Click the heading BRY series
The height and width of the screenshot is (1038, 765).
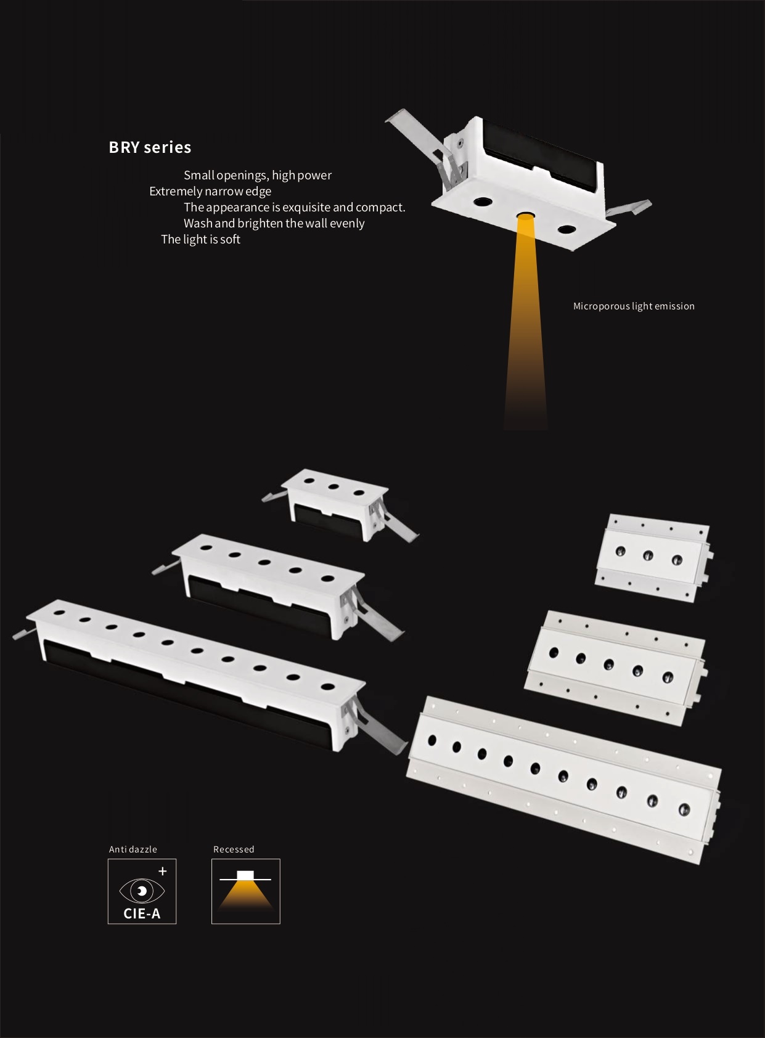point(150,147)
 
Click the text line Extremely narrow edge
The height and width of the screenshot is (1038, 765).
point(210,191)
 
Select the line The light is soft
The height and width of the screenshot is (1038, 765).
point(200,239)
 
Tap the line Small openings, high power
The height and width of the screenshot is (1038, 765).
point(258,175)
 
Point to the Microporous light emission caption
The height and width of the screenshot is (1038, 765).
point(634,306)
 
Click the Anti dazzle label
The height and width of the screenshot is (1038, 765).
point(133,849)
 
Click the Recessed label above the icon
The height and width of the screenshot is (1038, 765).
point(234,849)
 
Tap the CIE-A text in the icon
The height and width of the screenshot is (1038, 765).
point(142,913)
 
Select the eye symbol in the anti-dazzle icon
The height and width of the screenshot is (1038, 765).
point(142,891)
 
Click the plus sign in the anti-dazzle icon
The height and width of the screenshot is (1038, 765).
point(163,871)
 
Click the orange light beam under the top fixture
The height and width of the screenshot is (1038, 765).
point(526,324)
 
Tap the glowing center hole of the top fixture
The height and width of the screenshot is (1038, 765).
point(525,216)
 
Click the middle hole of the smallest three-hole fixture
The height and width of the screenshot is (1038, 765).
point(333,486)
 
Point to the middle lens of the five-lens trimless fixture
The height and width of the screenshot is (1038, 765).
point(609,664)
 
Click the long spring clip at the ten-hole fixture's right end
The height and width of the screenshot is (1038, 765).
point(375,728)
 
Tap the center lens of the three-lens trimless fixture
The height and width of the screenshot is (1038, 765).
point(648,555)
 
